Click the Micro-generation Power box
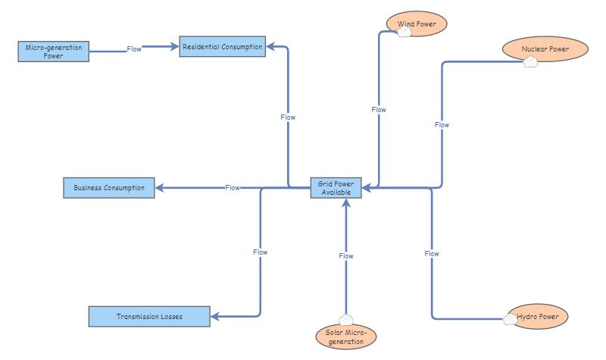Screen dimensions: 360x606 (x=53, y=52)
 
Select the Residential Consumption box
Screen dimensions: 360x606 (x=222, y=47)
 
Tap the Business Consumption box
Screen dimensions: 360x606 (x=108, y=188)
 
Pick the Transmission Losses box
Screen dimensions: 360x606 (x=148, y=317)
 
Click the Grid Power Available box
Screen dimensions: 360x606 (x=336, y=188)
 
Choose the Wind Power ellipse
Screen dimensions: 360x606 (x=417, y=23)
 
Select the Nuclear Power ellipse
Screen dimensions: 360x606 (x=545, y=49)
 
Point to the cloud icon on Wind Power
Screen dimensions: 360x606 (x=404, y=33)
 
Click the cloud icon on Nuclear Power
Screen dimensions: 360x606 (x=530, y=62)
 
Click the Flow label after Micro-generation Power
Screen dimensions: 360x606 (x=134, y=49)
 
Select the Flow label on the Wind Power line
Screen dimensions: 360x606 (x=379, y=110)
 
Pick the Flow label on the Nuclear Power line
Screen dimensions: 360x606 (x=442, y=125)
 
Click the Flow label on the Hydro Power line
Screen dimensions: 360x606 (x=432, y=254)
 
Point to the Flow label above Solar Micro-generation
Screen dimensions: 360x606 (x=345, y=256)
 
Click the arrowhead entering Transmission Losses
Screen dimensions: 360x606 (x=215, y=317)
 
